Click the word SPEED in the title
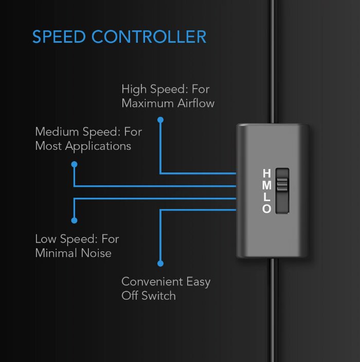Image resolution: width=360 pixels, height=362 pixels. [x=59, y=37]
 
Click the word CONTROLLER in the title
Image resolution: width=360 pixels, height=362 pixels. [x=149, y=37]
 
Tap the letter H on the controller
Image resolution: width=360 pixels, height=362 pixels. [x=267, y=173]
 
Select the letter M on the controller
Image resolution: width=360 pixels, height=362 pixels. [x=267, y=185]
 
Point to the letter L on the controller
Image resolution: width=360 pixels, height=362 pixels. [x=267, y=197]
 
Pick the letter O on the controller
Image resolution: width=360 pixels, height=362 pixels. [x=266, y=209]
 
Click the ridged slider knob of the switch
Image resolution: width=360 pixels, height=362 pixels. [x=282, y=185]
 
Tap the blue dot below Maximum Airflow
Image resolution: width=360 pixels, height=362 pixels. [x=160, y=120]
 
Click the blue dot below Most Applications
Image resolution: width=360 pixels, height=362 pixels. [x=74, y=164]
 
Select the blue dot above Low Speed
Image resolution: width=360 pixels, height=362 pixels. [x=74, y=220]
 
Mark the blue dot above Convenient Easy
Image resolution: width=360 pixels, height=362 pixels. [x=160, y=264]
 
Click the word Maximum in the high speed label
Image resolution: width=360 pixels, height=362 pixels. [x=148, y=103]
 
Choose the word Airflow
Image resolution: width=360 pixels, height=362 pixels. [x=196, y=103]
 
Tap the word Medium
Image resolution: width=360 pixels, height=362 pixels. [x=57, y=132]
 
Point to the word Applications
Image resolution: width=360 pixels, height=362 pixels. [x=98, y=147]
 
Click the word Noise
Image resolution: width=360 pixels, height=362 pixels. [x=96, y=253]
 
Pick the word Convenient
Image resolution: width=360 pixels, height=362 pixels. [x=152, y=282]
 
